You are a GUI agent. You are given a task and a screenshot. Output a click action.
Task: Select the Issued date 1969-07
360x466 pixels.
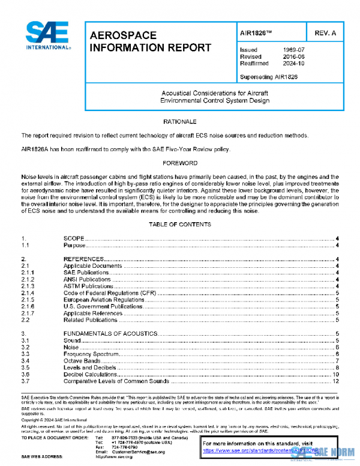293,50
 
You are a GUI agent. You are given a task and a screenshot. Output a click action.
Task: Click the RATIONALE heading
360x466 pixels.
179,122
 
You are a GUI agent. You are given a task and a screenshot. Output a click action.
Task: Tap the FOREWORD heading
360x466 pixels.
179,163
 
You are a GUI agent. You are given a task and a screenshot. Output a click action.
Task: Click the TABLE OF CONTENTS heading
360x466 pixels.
179,225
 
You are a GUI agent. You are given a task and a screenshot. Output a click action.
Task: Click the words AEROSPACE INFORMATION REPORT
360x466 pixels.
150,42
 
